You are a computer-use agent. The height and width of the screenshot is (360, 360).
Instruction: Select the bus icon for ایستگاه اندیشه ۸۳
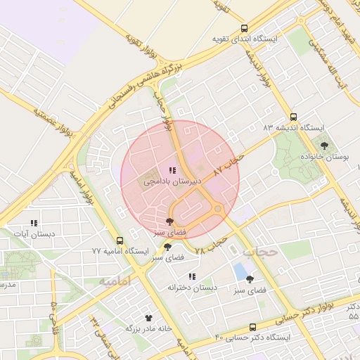[x=293, y=117]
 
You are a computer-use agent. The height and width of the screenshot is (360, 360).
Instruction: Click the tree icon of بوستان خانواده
[x=324, y=146]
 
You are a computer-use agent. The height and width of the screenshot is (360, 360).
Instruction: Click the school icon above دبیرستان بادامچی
[x=172, y=170]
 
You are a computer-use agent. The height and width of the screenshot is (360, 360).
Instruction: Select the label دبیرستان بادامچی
[x=173, y=181]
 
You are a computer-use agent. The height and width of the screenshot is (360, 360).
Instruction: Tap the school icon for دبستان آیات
[x=34, y=223]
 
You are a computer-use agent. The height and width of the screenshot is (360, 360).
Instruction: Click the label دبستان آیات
[x=34, y=233]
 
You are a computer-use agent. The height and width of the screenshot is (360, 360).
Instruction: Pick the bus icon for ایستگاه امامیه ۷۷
[x=120, y=240]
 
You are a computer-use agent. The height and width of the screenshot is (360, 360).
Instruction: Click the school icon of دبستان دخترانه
[x=192, y=276]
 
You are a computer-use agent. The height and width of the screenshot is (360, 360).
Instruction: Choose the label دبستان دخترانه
[x=192, y=288]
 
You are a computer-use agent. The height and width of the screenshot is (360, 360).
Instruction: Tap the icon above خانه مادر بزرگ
[x=148, y=318]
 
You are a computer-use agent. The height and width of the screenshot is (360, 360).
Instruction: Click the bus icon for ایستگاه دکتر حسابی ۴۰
[x=253, y=327]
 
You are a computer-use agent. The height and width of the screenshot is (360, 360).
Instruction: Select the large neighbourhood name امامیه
[x=115, y=281]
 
